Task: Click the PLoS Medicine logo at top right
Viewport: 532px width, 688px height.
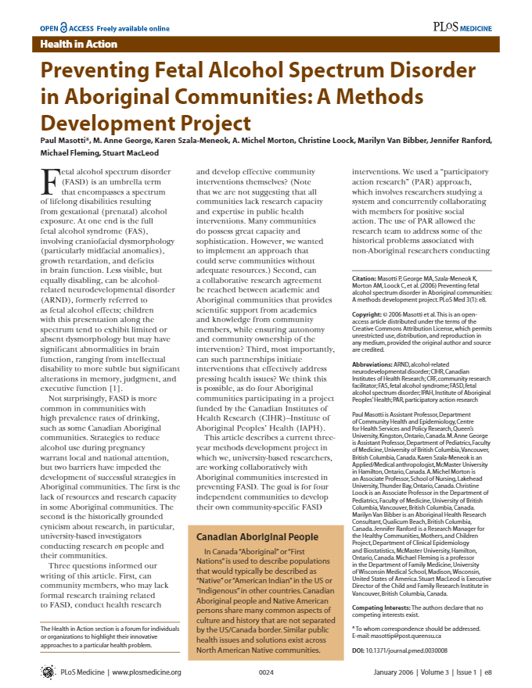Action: click(462, 27)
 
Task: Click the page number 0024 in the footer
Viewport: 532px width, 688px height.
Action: click(266, 672)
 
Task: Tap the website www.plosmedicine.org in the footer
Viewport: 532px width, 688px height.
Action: click(147, 672)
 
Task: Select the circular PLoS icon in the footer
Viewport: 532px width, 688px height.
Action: click(48, 672)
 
